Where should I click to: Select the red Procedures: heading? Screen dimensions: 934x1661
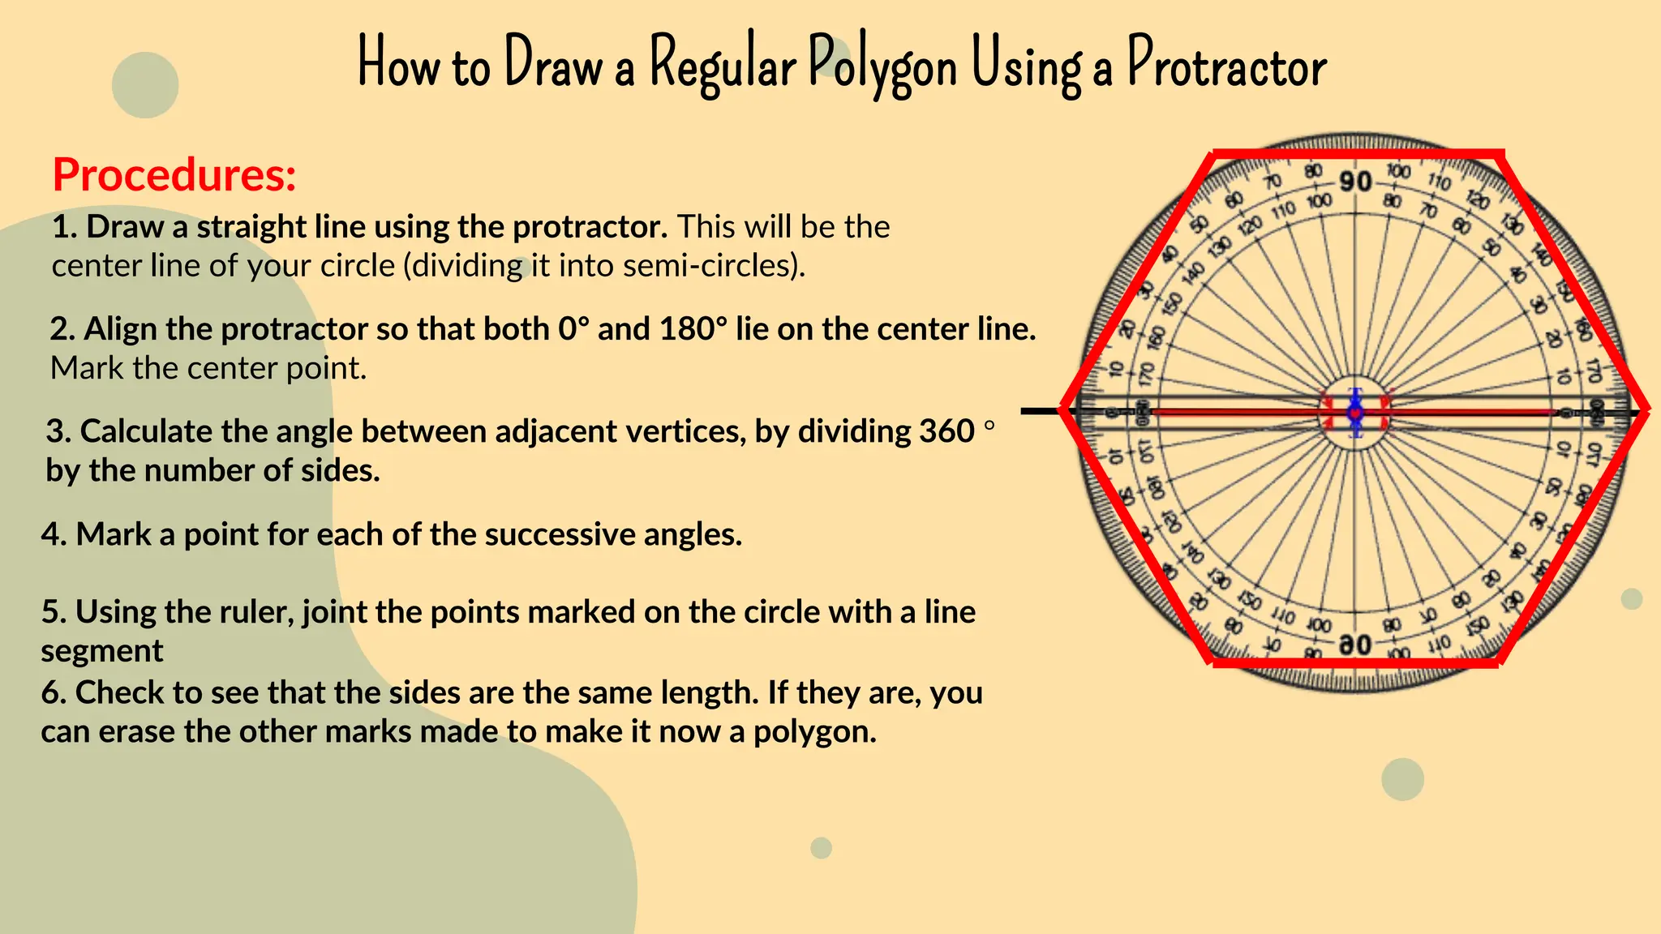click(174, 174)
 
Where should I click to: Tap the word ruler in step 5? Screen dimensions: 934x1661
click(257, 612)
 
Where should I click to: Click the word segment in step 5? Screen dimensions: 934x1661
click(102, 651)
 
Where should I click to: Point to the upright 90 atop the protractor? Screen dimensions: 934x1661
click(1355, 182)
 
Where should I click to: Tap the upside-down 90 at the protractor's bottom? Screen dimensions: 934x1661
click(1355, 645)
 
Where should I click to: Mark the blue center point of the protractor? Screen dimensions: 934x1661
click(1354, 412)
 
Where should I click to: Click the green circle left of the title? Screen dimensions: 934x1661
click(145, 85)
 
